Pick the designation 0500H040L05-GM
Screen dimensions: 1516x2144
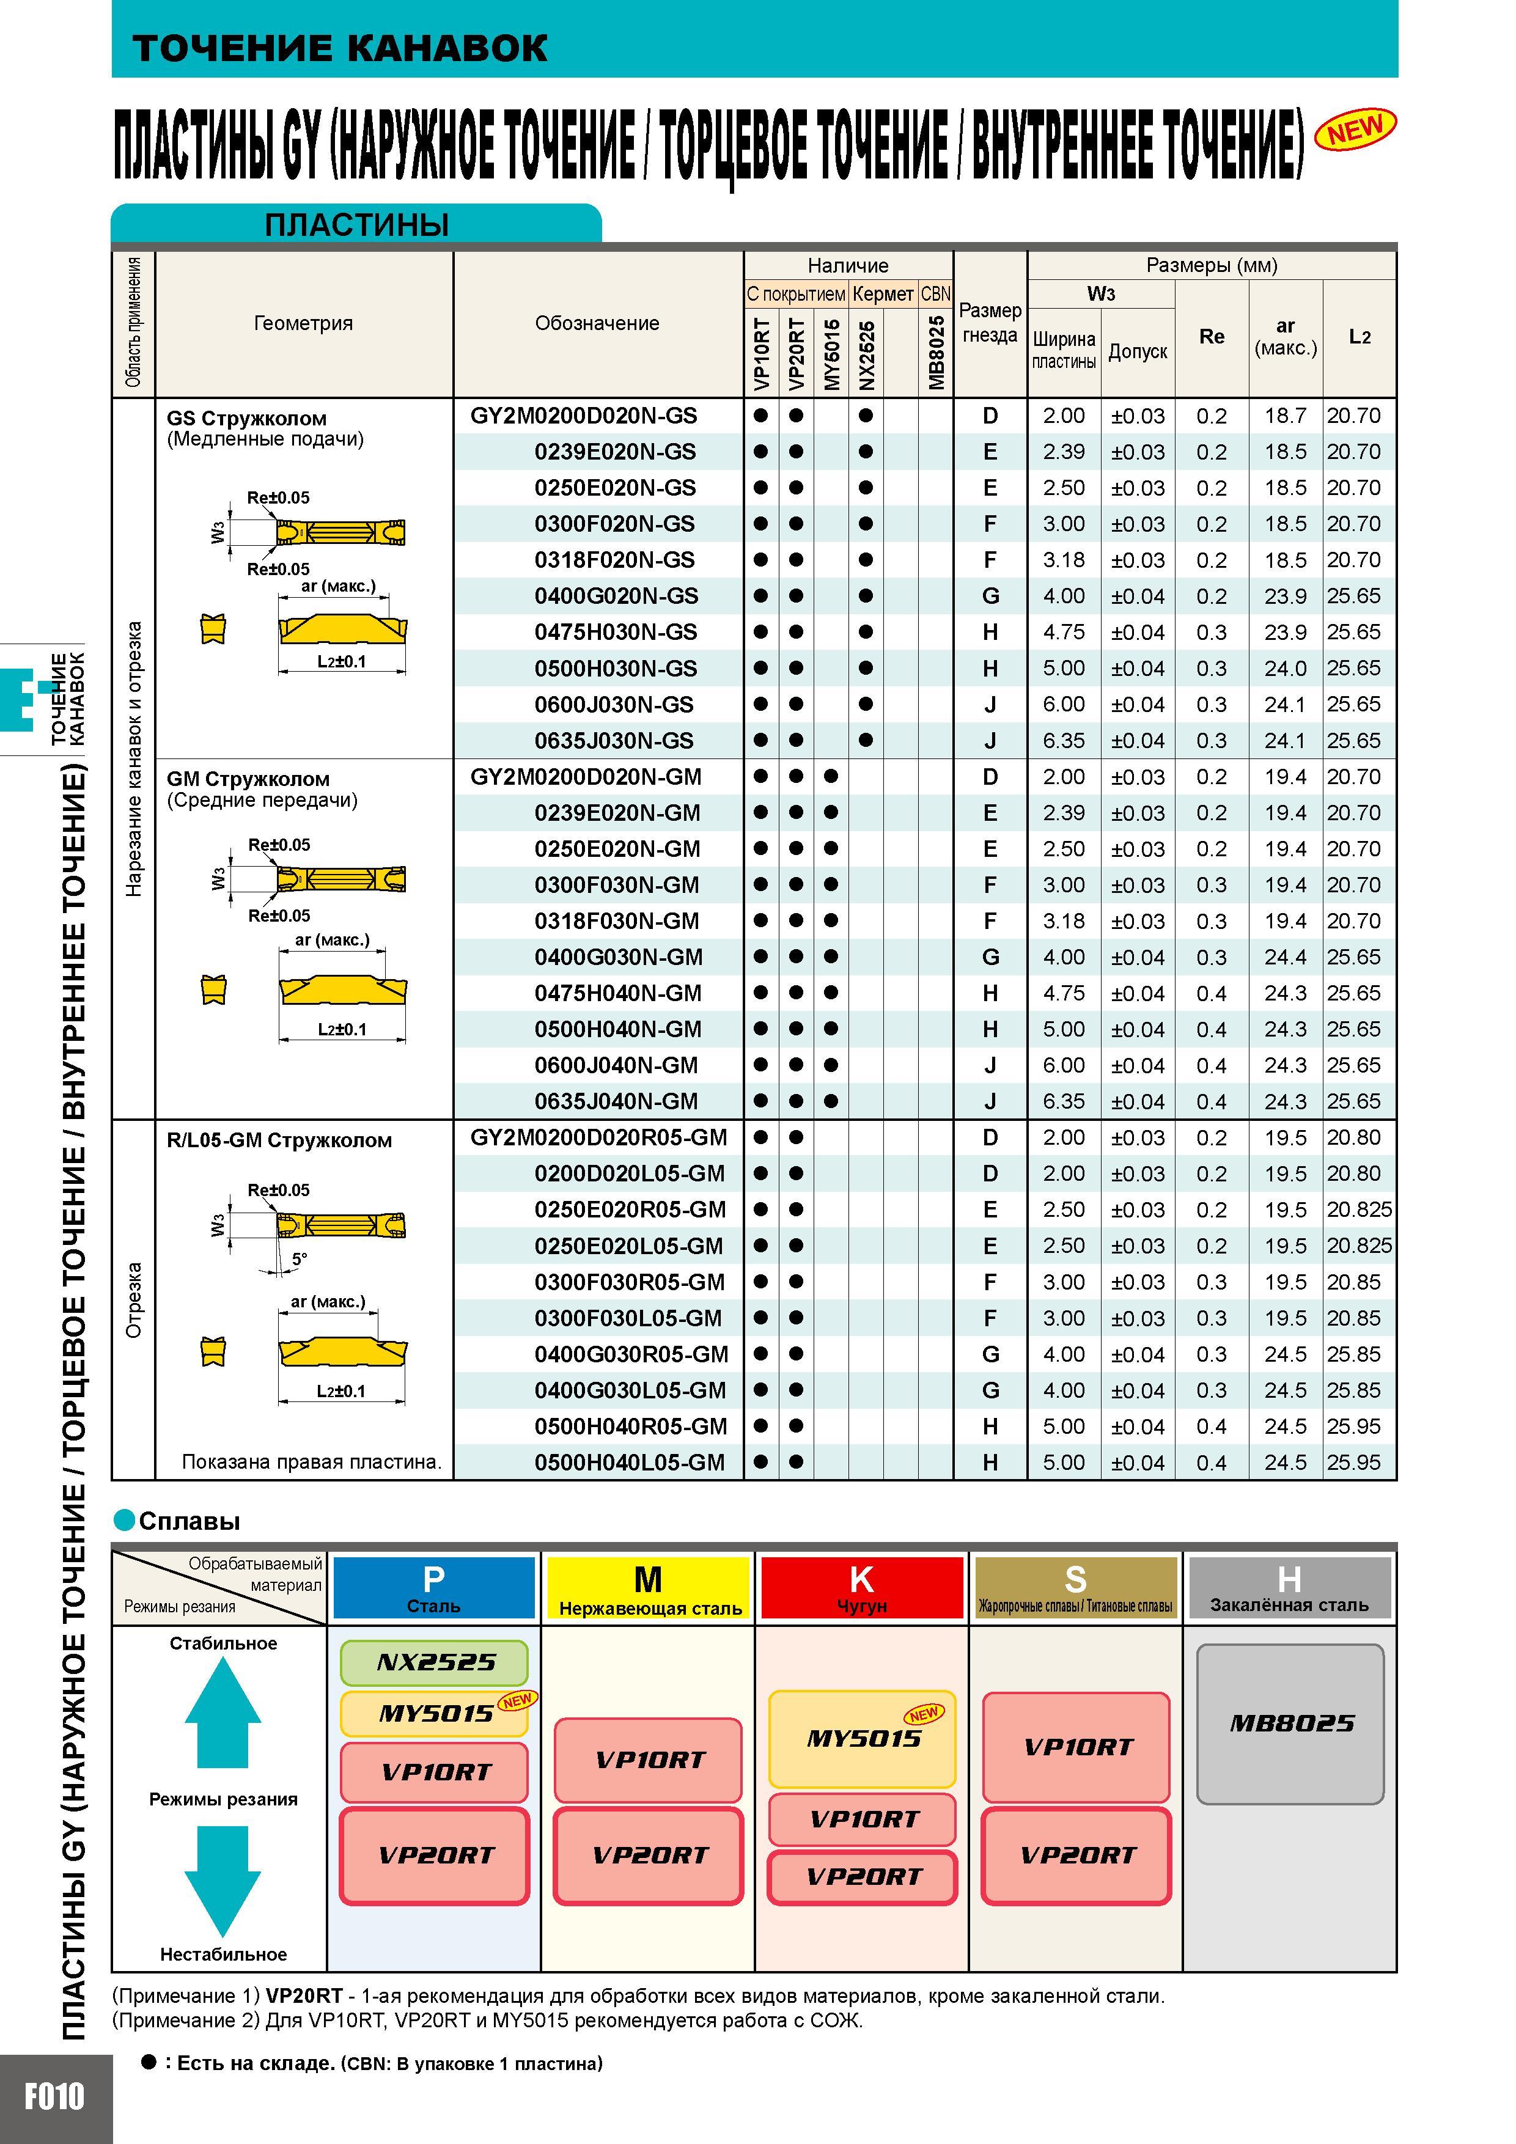click(630, 1463)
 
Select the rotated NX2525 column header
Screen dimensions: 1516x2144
click(867, 355)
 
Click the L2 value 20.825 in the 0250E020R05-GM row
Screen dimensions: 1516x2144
click(1359, 1210)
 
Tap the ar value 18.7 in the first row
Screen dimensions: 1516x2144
click(1286, 416)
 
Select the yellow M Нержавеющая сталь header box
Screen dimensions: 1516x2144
click(648, 1587)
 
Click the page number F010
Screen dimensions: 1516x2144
click(54, 2096)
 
